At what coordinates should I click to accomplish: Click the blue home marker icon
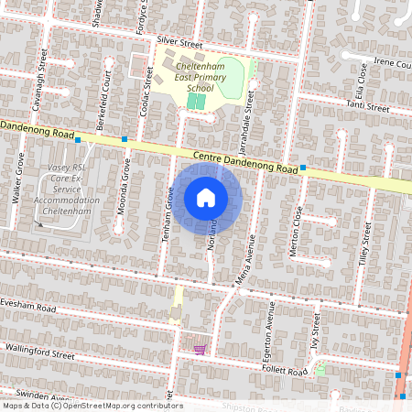click(206, 197)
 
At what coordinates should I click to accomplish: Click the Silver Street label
click(179, 42)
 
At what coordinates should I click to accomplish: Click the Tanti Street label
click(367, 107)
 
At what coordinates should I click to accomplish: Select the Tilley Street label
click(368, 247)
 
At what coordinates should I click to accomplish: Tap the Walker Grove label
click(17, 179)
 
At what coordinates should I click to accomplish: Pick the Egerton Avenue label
click(270, 326)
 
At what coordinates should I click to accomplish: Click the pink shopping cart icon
click(199, 349)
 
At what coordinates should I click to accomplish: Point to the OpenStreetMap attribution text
click(92, 406)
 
